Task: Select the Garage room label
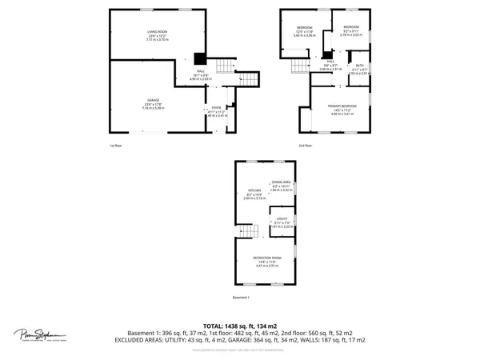[x=154, y=103]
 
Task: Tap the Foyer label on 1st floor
[x=215, y=111]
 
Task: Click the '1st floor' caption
[x=116, y=146]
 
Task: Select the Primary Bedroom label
[x=342, y=110]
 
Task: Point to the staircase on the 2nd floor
[x=299, y=67]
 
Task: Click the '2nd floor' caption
[x=305, y=146]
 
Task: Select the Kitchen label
[x=254, y=193]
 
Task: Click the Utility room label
[x=282, y=222]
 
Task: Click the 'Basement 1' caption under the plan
[x=242, y=298]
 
